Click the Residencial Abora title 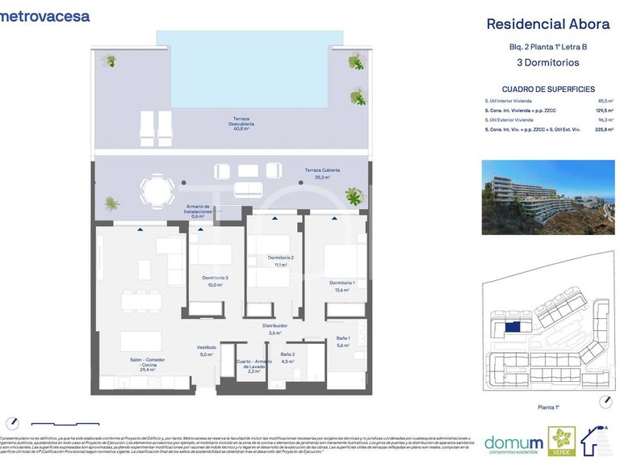[x=547, y=24]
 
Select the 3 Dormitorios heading [x=547, y=62]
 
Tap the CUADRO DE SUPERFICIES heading [x=547, y=90]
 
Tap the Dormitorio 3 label [x=216, y=281]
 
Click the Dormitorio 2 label [x=281, y=260]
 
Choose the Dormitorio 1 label [x=341, y=286]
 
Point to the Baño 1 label [x=342, y=341]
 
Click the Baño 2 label [x=288, y=357]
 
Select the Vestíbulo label [x=206, y=350]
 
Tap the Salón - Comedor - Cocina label [x=147, y=364]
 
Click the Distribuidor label [x=274, y=329]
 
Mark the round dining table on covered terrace [x=157, y=191]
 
